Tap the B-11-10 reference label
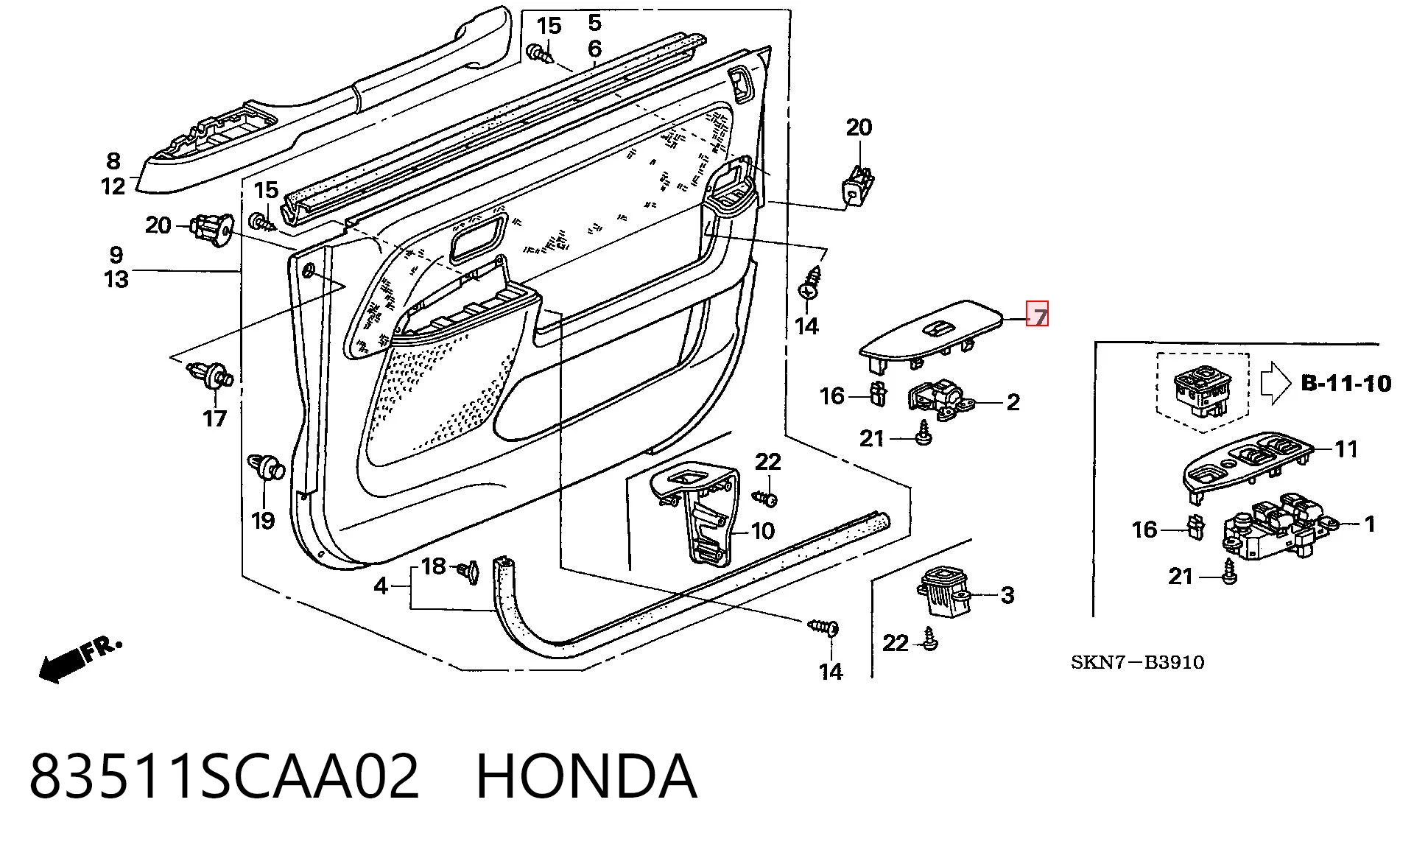point(1346,383)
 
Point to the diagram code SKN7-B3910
point(1137,662)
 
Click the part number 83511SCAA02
point(224,776)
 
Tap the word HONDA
point(586,776)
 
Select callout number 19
point(263,520)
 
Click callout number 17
point(215,418)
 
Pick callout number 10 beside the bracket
point(762,530)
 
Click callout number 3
point(1007,595)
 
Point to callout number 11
point(1346,449)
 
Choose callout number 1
point(1369,524)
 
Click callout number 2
point(1013,402)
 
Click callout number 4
point(380,586)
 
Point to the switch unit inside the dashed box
point(1201,386)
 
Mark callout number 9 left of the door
point(116,255)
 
